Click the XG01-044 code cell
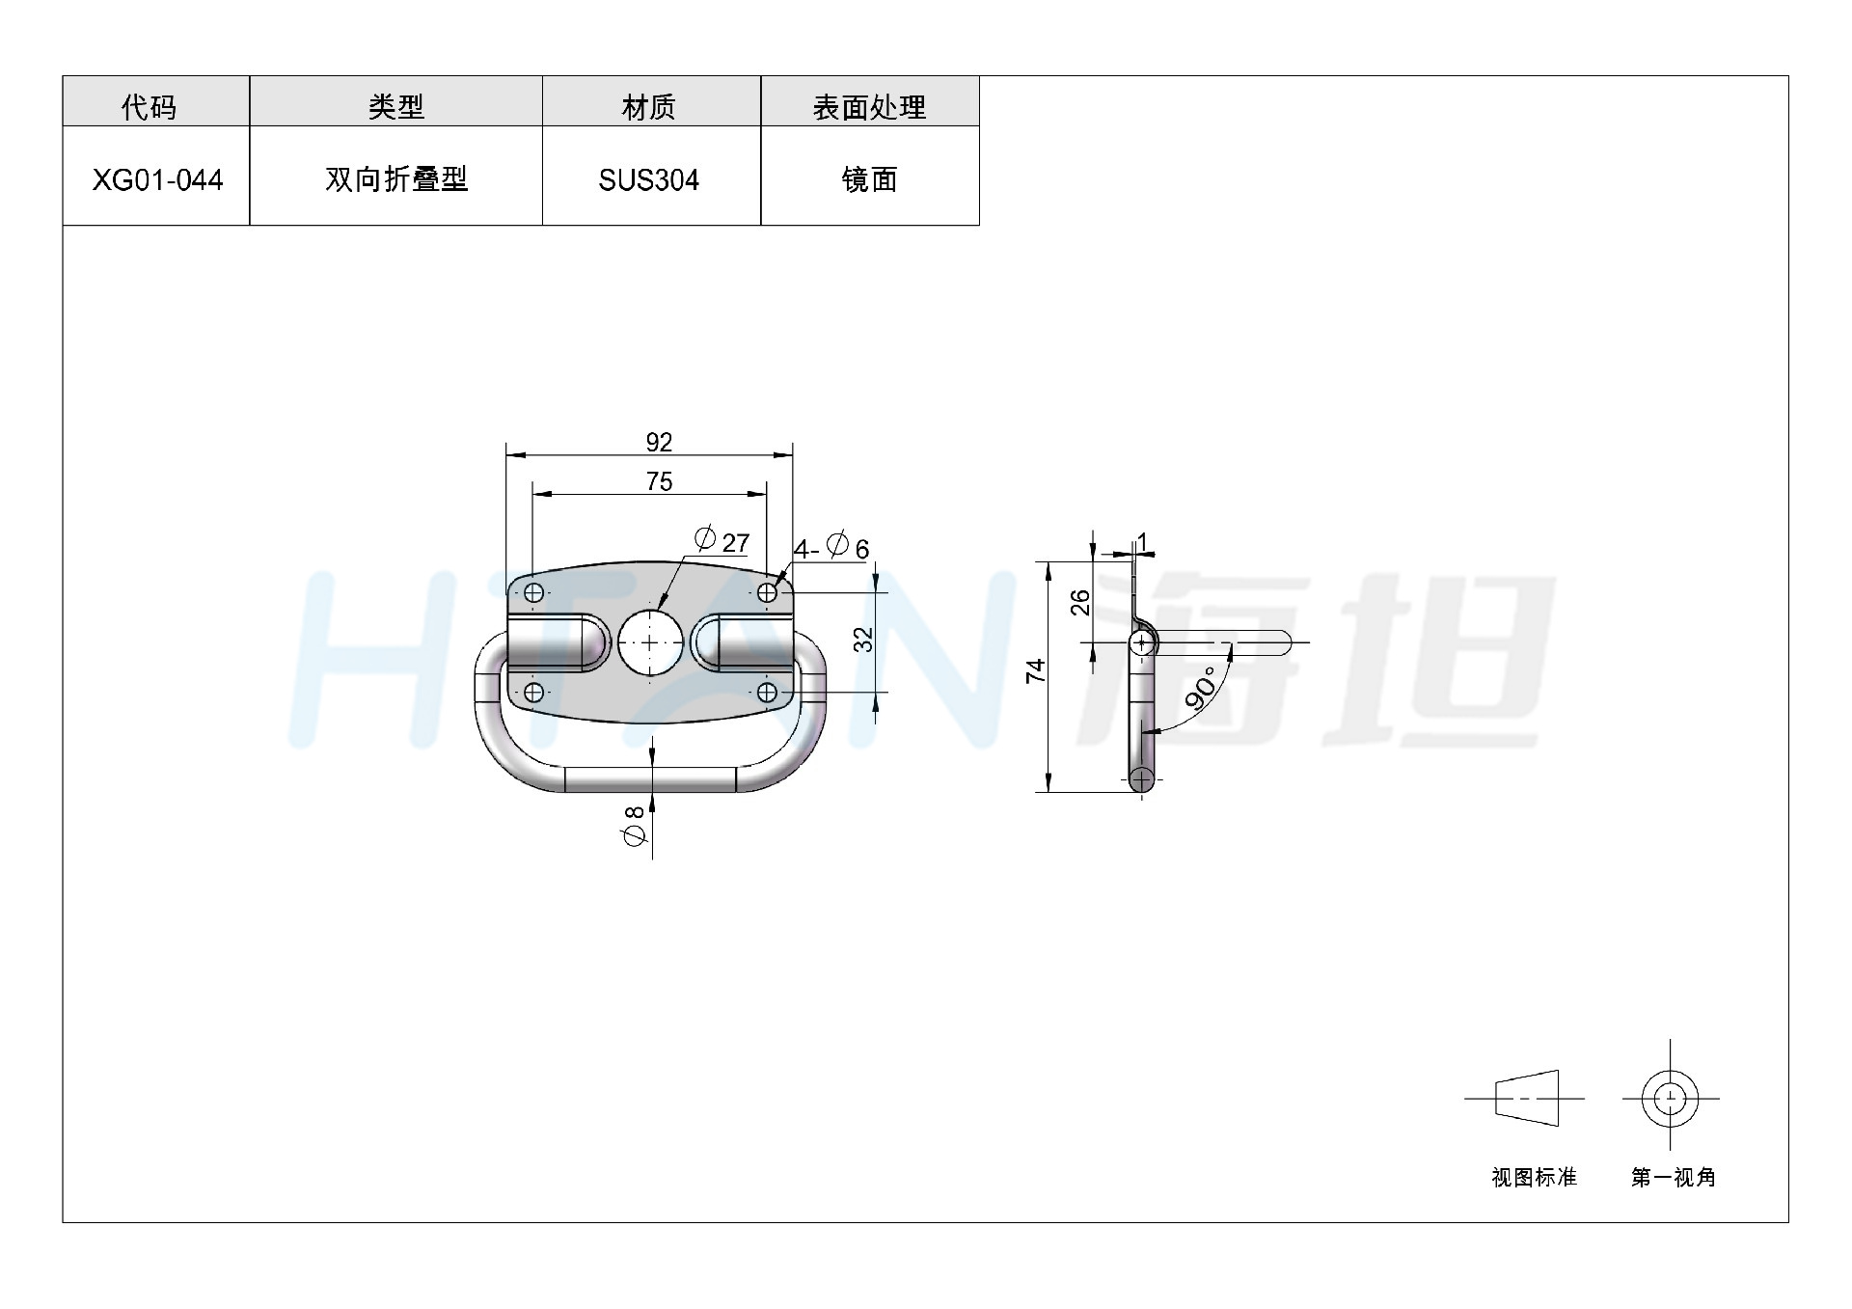coord(157,179)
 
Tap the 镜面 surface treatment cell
coord(869,179)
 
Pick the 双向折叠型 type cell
coord(396,179)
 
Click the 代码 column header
coord(150,107)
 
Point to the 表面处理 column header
coord(869,107)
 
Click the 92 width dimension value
coord(659,442)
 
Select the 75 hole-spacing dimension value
coord(659,481)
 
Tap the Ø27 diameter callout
coord(722,540)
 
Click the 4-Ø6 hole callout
coord(831,547)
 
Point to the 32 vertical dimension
coord(863,640)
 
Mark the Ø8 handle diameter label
coord(634,827)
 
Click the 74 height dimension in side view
coord(1036,671)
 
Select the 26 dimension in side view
coord(1080,602)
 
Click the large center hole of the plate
coord(649,641)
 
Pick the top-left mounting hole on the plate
coord(533,592)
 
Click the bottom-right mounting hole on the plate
coord(767,692)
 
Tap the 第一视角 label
coord(1674,1177)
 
